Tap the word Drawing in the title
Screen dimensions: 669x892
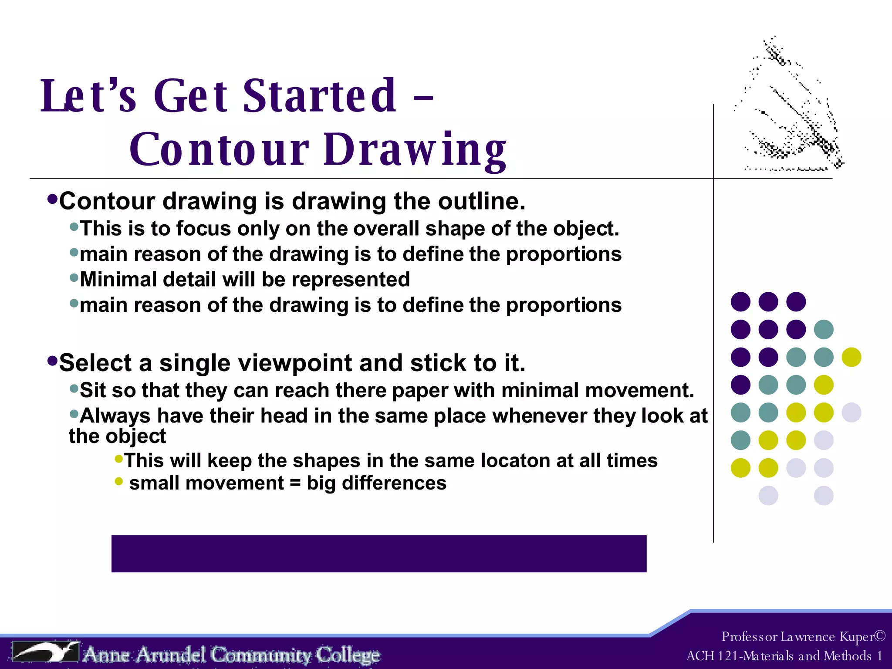(415, 150)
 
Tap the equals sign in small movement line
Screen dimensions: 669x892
(295, 483)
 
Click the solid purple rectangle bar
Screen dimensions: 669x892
(378, 554)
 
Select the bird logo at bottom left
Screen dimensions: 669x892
(46, 652)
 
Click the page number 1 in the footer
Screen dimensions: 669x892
(879, 656)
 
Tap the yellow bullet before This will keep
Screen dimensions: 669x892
(118, 458)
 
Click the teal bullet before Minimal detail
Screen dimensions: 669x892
(74, 277)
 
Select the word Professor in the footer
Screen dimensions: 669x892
(749, 637)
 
